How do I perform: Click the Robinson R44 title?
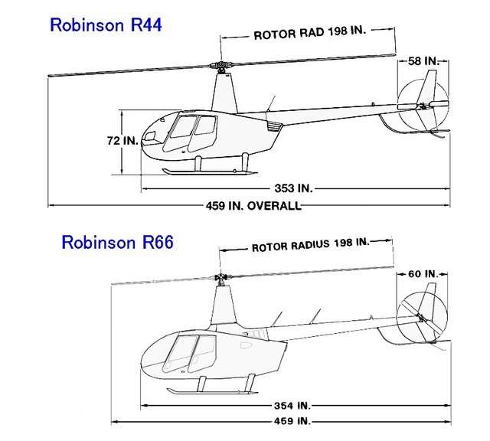(106, 24)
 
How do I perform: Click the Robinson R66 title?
(117, 242)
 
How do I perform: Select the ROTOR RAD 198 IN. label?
(309, 33)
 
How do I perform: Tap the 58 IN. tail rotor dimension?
(423, 61)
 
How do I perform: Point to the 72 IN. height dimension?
(122, 141)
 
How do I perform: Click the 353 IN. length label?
(293, 188)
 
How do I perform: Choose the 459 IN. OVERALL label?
(253, 206)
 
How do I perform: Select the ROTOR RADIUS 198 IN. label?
(310, 245)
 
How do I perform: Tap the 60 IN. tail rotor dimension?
(423, 274)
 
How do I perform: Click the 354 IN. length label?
(292, 406)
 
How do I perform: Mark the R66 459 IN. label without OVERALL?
(292, 421)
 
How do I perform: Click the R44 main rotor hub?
(221, 66)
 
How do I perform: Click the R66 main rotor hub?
(221, 277)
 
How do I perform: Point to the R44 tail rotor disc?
(423, 105)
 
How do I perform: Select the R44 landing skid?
(210, 171)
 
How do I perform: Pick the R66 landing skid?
(213, 391)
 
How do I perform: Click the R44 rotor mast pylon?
(224, 93)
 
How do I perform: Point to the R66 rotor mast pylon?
(224, 305)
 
